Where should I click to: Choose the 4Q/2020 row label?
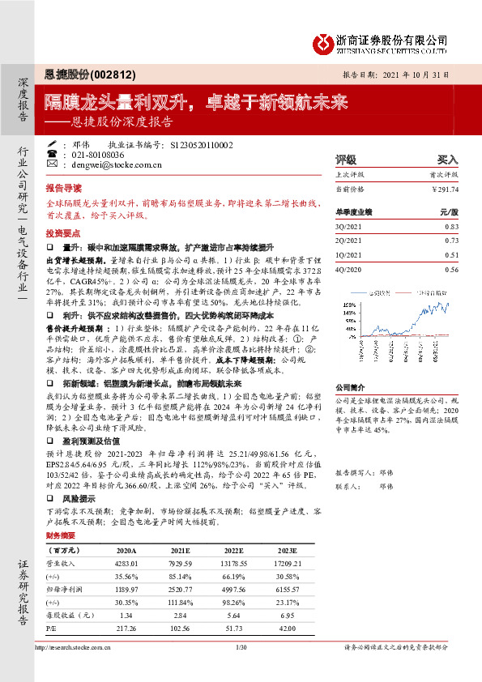pyautogui.click(x=349, y=269)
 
